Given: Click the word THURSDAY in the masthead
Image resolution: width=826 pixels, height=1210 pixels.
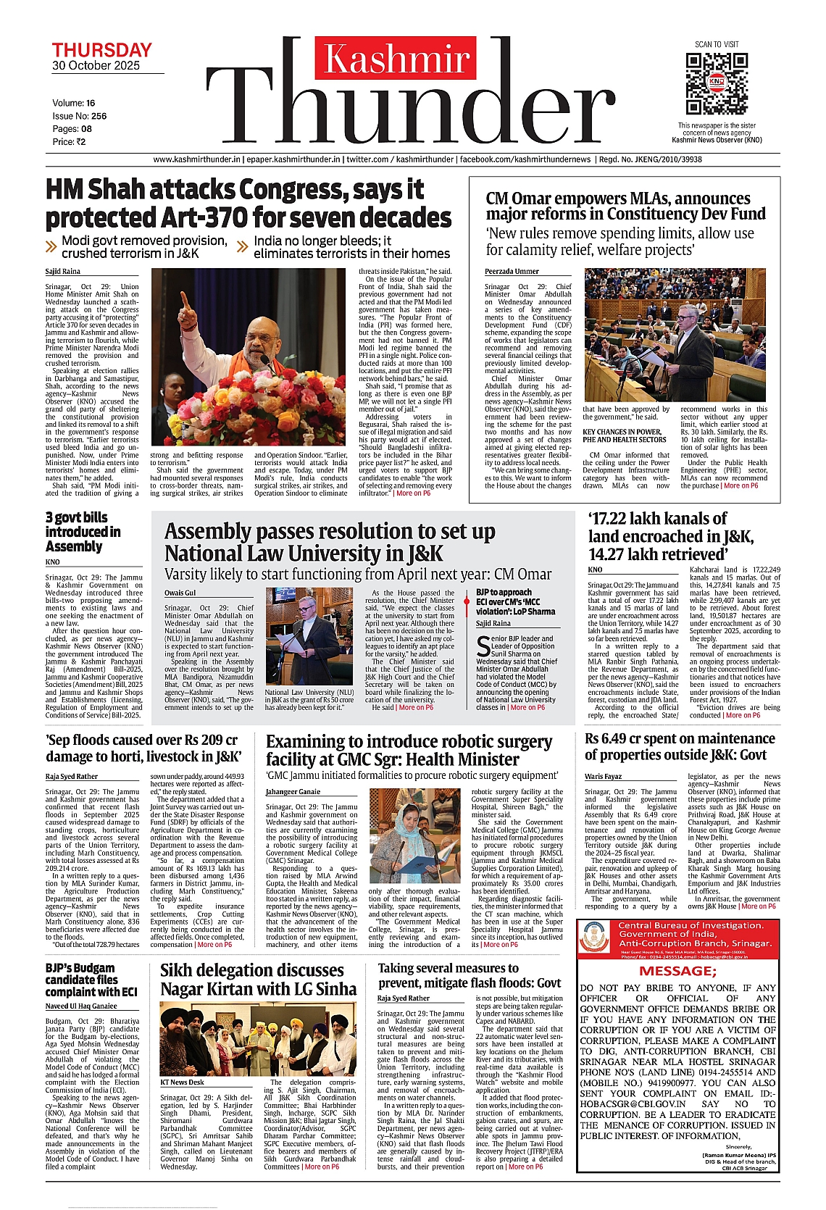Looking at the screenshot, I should click(101, 50).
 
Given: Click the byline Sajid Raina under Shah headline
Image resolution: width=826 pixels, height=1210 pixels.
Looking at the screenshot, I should click(63, 272).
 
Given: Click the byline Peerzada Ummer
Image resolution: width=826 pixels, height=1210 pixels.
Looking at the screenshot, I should click(512, 272).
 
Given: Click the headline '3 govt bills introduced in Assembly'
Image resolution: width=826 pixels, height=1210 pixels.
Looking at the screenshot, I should click(83, 532).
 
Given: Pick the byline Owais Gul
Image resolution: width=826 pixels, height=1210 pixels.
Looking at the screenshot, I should click(180, 593).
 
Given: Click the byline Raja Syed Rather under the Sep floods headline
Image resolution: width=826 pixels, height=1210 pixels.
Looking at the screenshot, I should click(71, 777).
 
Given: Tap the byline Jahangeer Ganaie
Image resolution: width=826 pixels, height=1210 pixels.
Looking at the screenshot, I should click(293, 791).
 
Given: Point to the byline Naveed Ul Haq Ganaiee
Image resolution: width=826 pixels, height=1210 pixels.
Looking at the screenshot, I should click(80, 1006).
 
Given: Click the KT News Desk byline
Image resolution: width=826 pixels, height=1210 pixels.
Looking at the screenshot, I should click(182, 1082).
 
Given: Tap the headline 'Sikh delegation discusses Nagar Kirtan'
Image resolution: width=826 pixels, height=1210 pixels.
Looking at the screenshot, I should click(258, 980).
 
